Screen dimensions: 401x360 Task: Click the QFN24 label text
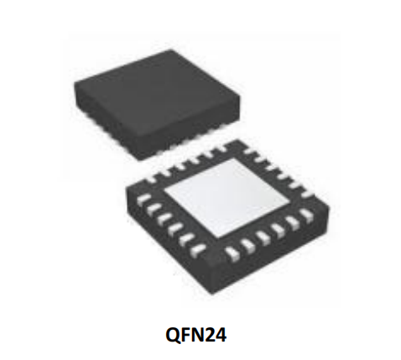195,335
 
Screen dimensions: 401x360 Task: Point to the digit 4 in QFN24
220,335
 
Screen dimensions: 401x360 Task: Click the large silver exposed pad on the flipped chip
226,197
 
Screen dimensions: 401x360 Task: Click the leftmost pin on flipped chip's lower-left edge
143,199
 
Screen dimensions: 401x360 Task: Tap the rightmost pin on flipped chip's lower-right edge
307,215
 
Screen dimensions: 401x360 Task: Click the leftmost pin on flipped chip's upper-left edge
151,179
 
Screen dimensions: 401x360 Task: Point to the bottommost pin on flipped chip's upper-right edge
308,193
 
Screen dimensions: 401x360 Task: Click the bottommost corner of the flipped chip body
214,294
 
